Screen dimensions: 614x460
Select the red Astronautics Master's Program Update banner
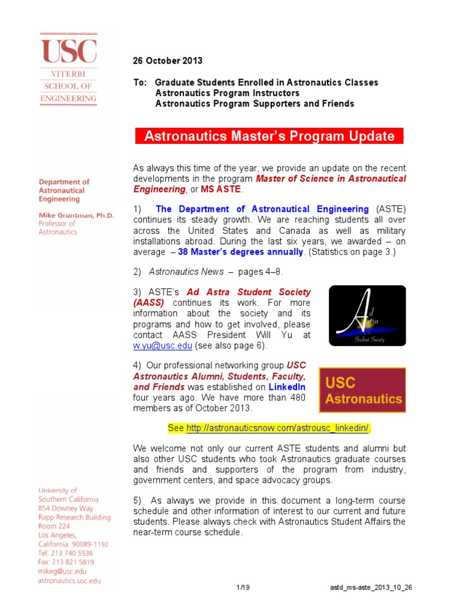pos(269,136)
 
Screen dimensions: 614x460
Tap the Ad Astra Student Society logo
pos(367,315)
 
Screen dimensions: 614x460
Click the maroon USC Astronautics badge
pos(362,390)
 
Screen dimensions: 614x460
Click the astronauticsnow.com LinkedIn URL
pos(278,428)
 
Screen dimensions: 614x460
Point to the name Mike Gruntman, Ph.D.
pos(76,214)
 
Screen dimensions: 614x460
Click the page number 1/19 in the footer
pos(243,587)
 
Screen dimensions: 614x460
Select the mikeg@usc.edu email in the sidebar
pos(62,571)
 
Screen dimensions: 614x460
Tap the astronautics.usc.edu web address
pos(69,580)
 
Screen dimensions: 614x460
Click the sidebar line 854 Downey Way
pos(66,508)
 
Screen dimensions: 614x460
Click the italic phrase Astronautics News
pos(186,272)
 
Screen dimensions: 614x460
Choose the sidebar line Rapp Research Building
pos(74,517)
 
